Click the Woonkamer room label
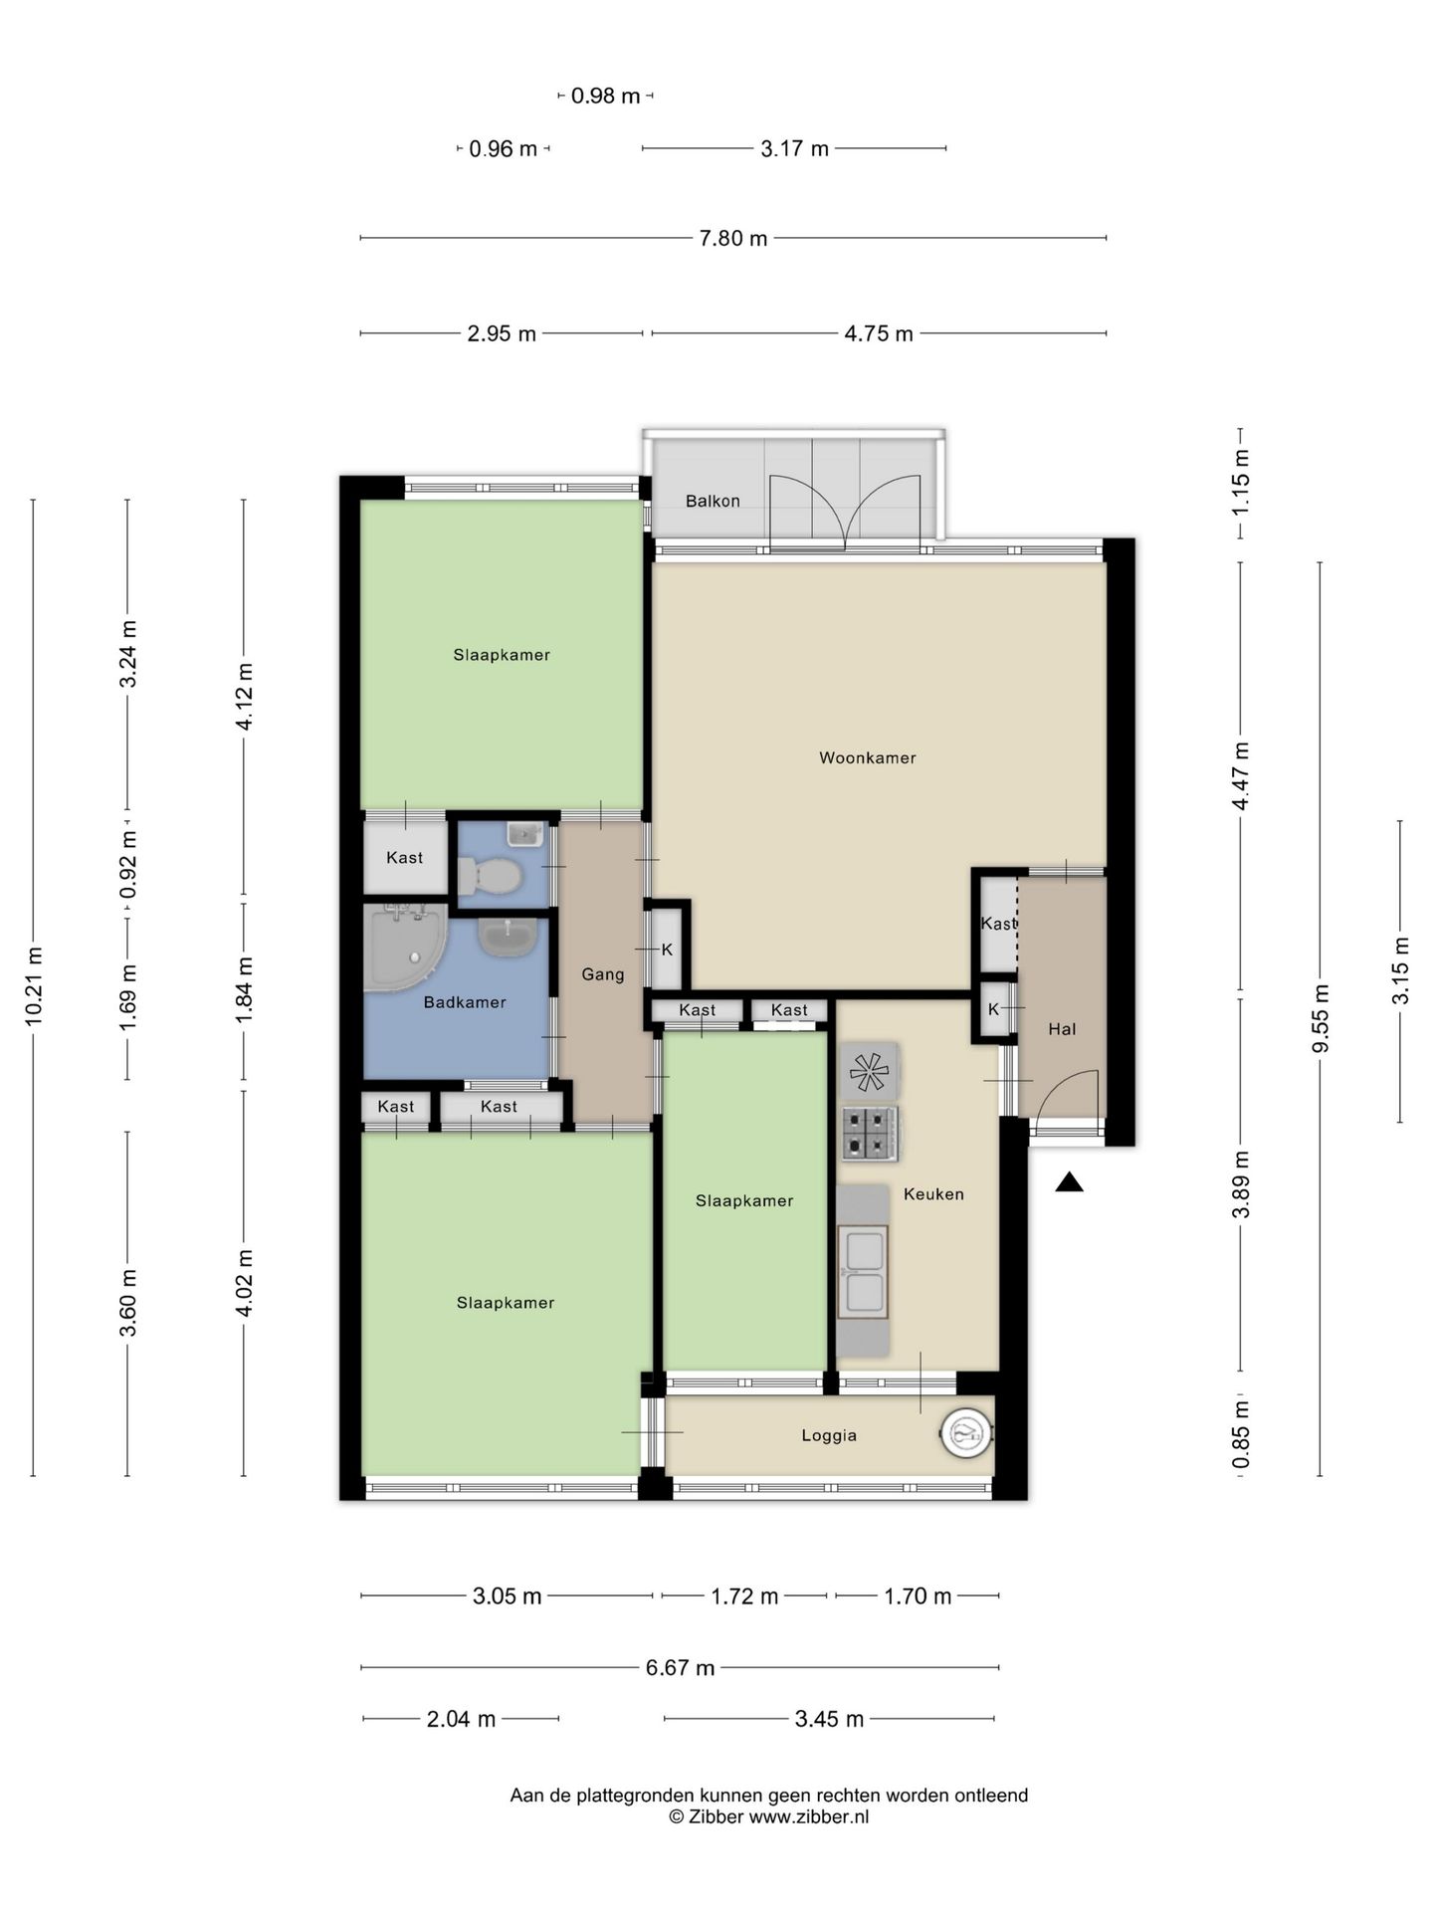867,757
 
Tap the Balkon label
713,501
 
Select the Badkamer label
465,1002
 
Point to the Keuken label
933,1193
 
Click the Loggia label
829,1435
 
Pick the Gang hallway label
603,974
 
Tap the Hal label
1062,1029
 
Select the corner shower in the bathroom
403,949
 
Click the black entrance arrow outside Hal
1069,1181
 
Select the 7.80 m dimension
733,239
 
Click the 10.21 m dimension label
33,987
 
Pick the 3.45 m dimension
829,1719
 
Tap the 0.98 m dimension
605,97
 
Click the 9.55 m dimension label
1321,1018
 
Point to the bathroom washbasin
509,937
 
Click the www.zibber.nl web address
809,1816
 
